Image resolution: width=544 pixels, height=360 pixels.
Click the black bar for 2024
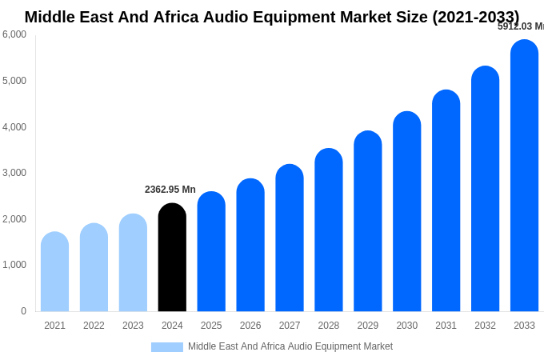(172, 258)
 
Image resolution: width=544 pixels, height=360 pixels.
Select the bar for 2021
(54, 272)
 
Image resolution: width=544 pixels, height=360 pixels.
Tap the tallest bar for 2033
(524, 176)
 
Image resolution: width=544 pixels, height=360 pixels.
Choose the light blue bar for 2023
(133, 263)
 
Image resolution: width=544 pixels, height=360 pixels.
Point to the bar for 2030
(406, 212)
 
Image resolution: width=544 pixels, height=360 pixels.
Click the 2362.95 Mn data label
(170, 190)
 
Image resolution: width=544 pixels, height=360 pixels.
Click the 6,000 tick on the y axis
(14, 34)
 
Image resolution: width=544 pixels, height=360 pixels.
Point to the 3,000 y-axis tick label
(14, 173)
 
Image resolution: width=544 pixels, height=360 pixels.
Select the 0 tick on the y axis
(23, 311)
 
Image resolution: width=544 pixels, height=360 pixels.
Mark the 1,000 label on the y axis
(14, 265)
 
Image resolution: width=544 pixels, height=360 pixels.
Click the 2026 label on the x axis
(250, 326)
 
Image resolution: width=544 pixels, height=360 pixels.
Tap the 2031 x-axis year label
(446, 326)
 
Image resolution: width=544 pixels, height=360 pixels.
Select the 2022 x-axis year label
(94, 326)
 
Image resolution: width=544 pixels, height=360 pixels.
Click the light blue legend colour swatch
(166, 347)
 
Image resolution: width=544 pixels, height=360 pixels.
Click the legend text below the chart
(290, 346)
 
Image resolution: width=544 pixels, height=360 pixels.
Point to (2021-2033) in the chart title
(475, 17)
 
